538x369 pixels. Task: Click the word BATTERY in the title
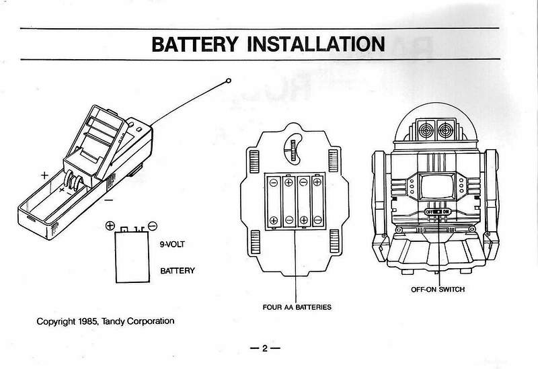point(196,44)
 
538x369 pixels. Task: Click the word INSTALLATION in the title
point(316,44)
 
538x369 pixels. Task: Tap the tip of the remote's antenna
point(229,81)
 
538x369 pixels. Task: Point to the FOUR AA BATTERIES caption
point(297,307)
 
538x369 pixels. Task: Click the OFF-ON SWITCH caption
point(438,290)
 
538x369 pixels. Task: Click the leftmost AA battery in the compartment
point(274,200)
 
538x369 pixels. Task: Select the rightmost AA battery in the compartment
point(318,200)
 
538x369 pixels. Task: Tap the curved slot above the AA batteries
point(293,148)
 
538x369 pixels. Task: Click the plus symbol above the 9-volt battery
point(110,226)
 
